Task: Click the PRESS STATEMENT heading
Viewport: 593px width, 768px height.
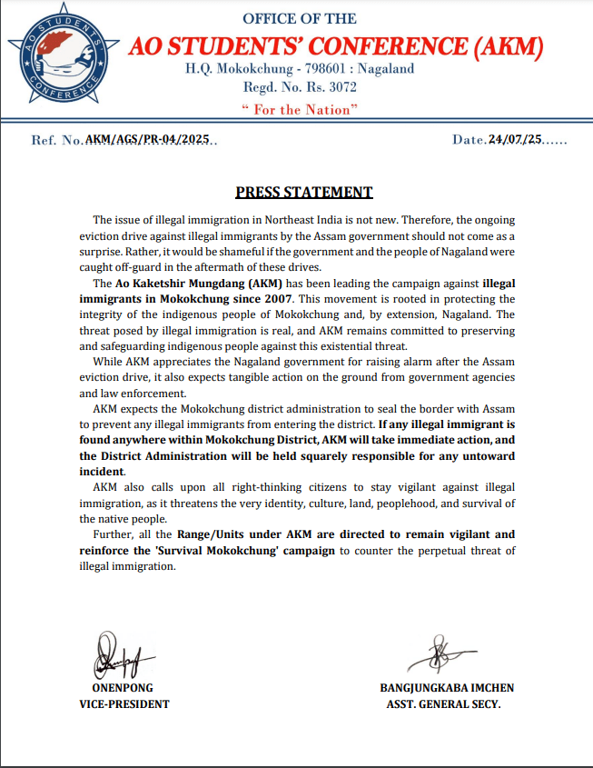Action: [x=304, y=192]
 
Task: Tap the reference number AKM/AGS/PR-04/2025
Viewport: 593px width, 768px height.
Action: [x=148, y=139]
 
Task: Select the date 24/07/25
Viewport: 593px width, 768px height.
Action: [x=515, y=139]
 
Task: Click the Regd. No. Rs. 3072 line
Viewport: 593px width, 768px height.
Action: [x=300, y=88]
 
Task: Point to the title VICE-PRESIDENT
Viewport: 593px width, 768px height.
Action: [x=124, y=703]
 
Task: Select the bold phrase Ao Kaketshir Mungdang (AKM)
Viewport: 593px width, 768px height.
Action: [x=192, y=284]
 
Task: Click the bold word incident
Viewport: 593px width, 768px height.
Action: [x=100, y=473]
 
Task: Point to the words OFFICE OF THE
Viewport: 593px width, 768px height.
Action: [x=300, y=19]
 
